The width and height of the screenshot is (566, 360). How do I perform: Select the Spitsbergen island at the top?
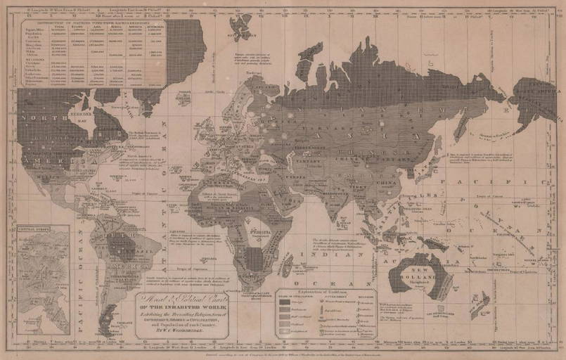(x=242, y=27)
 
